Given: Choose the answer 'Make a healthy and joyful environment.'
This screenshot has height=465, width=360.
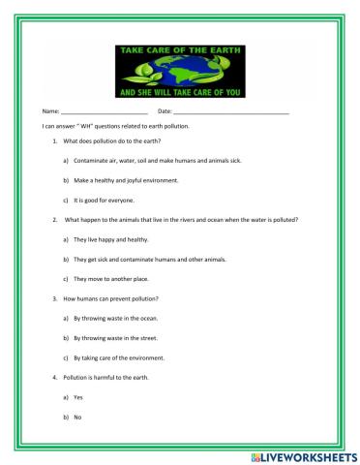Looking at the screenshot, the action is click(x=125, y=180).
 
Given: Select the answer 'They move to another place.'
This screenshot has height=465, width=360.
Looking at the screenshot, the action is click(x=109, y=278).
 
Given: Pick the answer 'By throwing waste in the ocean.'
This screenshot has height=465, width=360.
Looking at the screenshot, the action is click(x=115, y=317).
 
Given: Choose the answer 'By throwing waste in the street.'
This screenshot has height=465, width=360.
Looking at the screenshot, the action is click(x=115, y=337).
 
